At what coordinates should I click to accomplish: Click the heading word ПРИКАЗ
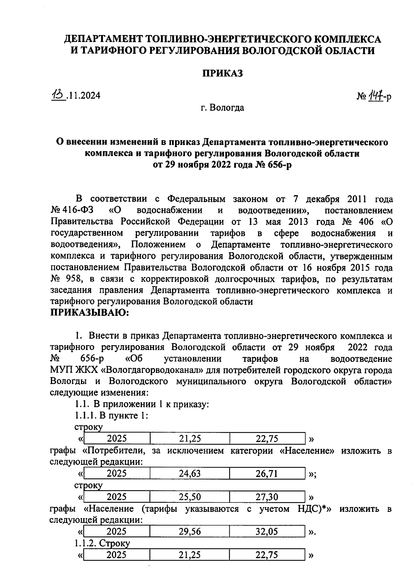tap(222, 74)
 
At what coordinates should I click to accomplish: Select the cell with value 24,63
tap(190, 474)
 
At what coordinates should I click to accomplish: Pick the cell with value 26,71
tap(267, 474)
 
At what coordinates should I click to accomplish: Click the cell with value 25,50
tap(190, 497)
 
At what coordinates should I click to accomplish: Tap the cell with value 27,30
tap(267, 497)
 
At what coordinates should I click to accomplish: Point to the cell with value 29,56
tap(190, 531)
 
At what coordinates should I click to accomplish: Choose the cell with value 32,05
tap(267, 531)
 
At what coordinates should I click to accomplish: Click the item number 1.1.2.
tap(85, 543)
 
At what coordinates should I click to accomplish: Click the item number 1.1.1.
tap(85, 416)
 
